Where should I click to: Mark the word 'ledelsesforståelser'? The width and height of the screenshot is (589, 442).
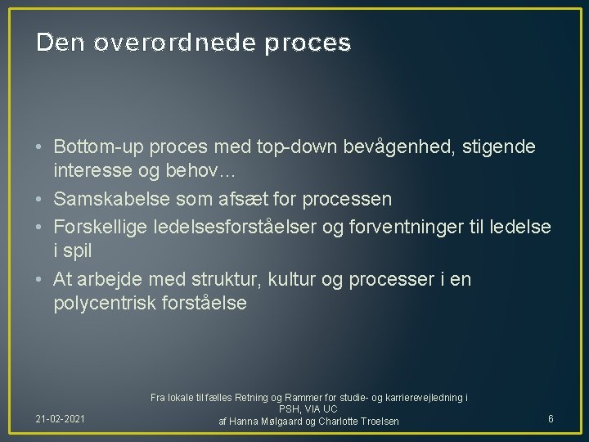[227, 226]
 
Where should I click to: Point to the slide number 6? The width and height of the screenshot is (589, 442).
[551, 419]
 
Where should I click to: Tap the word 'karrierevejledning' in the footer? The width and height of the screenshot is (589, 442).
[420, 398]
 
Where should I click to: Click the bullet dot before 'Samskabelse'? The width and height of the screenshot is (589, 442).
[41, 199]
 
